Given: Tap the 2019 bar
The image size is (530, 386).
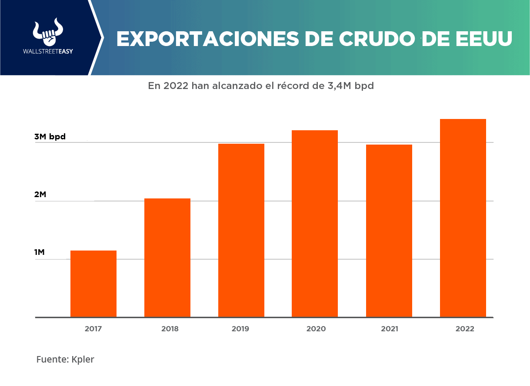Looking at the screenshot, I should click(241, 230).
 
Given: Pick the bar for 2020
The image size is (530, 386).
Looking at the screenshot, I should click(315, 224).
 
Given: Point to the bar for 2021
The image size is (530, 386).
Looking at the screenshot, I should click(389, 231).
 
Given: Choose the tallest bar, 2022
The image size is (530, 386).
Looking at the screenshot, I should click(463, 218).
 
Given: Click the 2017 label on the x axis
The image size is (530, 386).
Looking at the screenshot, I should click(93, 329).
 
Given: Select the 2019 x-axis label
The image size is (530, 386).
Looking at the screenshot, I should click(240, 329).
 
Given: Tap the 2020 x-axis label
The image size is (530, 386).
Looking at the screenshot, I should click(316, 329).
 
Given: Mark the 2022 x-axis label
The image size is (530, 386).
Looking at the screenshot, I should click(465, 329).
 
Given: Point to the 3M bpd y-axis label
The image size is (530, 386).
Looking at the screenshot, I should click(50, 137).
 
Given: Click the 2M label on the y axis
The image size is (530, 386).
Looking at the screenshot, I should click(40, 195).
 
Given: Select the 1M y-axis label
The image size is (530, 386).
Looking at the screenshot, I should click(40, 252).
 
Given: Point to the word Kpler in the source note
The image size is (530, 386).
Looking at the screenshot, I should click(83, 360).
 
